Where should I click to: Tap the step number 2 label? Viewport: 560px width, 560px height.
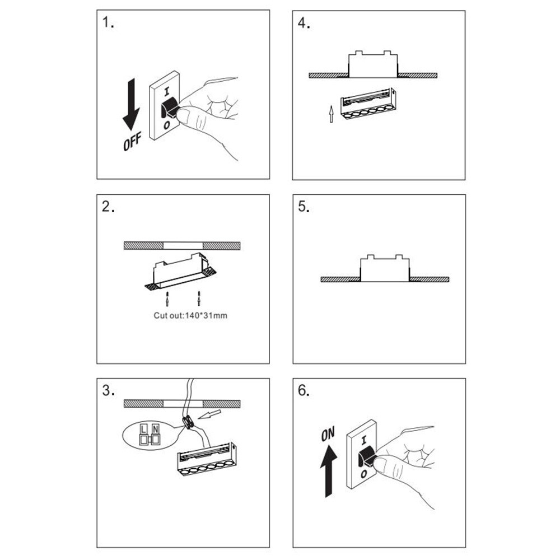click(108, 207)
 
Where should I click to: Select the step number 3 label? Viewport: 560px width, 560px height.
click(108, 390)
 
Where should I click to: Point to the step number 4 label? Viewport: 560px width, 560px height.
click(304, 24)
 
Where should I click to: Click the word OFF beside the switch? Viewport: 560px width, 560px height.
click(132, 141)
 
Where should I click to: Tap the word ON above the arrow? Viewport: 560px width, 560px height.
click(328, 433)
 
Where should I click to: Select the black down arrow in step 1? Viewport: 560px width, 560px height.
click(132, 104)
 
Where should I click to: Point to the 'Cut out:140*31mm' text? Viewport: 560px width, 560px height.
click(190, 315)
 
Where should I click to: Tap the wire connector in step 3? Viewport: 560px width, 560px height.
click(189, 423)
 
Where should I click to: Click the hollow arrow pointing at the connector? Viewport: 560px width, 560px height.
click(211, 415)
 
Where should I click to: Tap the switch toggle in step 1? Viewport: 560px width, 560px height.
click(169, 109)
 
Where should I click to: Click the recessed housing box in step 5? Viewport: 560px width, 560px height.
click(384, 269)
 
